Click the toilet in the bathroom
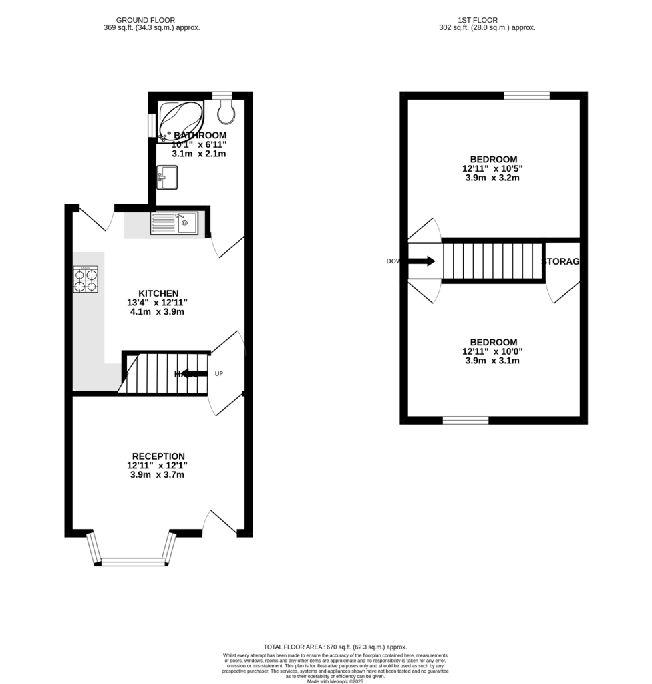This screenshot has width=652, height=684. click(227, 112)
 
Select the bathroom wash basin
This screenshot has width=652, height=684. click(166, 177)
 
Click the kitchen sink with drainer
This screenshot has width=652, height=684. click(174, 223)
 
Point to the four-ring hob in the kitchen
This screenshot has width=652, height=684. click(86, 279)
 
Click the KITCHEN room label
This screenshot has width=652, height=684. click(158, 293)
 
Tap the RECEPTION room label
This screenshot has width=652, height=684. click(158, 456)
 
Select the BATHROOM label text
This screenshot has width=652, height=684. click(200, 135)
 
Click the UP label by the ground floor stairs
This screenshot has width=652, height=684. click(218, 374)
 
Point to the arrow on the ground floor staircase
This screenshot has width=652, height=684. click(194, 374)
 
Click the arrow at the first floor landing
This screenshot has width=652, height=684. click(422, 261)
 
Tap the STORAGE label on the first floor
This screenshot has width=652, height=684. click(561, 261)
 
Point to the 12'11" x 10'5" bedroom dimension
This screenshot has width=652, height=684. click(494, 168)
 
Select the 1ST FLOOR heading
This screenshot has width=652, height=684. click(477, 20)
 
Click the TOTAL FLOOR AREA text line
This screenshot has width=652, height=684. click(335, 647)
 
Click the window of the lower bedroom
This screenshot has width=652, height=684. click(466, 420)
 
